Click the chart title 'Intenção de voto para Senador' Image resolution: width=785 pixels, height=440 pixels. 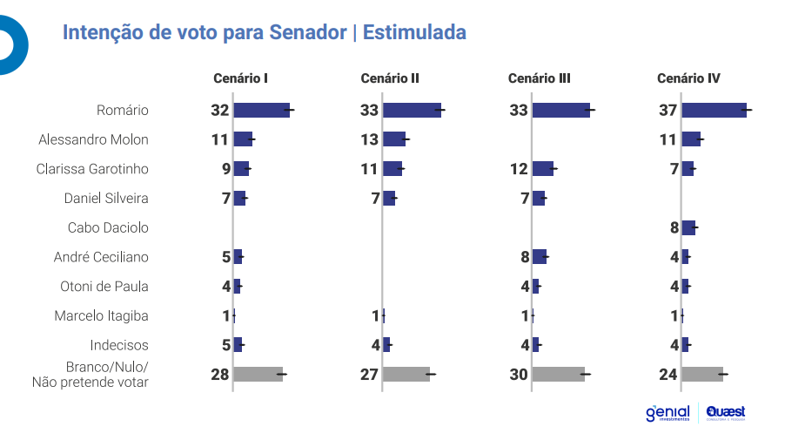click(205, 33)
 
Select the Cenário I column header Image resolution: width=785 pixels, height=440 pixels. click(240, 78)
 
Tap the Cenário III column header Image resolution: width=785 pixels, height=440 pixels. click(539, 78)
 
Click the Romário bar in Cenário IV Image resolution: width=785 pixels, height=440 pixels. click(714, 110)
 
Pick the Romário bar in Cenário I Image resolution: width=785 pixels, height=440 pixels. click(261, 110)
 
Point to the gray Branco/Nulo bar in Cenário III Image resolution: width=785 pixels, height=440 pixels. click(558, 374)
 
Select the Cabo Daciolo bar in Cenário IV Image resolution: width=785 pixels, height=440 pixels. click(688, 227)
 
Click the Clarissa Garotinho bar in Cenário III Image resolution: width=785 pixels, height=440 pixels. click(543, 169)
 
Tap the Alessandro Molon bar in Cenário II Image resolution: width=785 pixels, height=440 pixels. click(394, 139)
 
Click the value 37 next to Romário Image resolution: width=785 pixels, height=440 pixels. click(668, 110)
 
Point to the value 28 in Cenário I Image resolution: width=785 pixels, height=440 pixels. click(219, 374)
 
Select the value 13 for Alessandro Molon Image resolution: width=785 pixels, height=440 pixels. click(369, 139)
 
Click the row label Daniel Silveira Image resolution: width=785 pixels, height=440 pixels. click(106, 198)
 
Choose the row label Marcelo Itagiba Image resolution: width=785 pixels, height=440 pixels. click(101, 315)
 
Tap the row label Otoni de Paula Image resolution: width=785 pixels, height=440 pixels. click(104, 286)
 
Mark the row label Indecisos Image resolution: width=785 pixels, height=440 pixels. click(119, 345)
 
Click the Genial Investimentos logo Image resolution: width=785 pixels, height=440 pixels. click(668, 413)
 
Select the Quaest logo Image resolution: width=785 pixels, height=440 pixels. click(726, 412)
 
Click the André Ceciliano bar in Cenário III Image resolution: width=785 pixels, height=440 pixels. click(540, 256)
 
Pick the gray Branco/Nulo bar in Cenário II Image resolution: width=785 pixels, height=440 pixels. click(406, 374)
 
